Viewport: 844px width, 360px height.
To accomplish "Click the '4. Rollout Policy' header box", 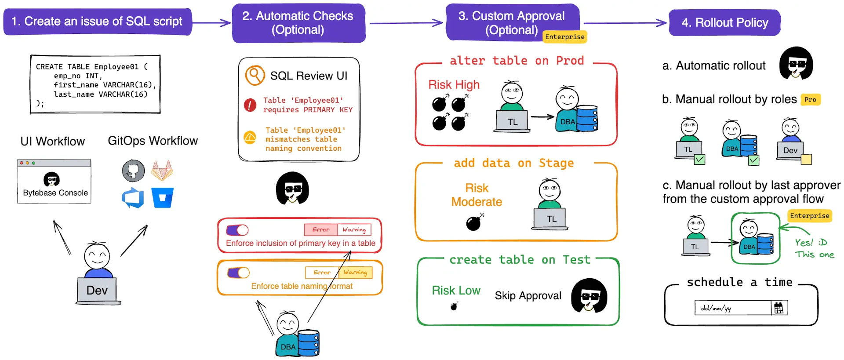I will (x=724, y=22).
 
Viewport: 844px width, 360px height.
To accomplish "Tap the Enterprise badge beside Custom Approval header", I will (x=564, y=37).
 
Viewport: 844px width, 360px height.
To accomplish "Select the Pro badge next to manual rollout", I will (x=810, y=100).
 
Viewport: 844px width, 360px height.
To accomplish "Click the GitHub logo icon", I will (x=133, y=171).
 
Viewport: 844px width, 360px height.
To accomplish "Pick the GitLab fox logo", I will (x=162, y=171).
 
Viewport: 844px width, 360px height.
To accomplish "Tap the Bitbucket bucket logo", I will (x=162, y=198).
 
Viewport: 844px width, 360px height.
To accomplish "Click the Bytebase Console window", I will (x=54, y=182).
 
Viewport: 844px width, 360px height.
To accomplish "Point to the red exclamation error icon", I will (x=250, y=105).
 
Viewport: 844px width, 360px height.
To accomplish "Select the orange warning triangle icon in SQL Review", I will (x=250, y=138).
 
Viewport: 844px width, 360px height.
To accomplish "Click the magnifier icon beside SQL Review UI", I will (x=255, y=76).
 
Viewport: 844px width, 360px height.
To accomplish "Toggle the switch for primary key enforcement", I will (x=237, y=230).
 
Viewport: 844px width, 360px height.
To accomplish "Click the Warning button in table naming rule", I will (x=356, y=273).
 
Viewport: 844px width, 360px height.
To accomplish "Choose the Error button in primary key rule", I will (x=321, y=229).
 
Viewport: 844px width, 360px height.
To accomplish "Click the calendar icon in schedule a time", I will (x=779, y=308).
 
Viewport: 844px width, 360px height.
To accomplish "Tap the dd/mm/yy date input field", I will (x=732, y=308).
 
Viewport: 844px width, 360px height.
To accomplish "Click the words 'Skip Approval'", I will (x=527, y=295).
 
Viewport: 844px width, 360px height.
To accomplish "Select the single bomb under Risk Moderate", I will (x=474, y=223).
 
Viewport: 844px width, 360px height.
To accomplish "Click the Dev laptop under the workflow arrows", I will (x=97, y=291).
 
